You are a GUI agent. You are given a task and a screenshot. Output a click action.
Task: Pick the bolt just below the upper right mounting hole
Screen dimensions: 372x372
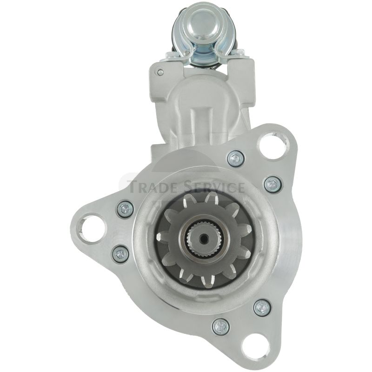(236, 159)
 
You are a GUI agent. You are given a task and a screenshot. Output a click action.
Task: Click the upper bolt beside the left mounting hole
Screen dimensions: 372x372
(126, 209)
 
